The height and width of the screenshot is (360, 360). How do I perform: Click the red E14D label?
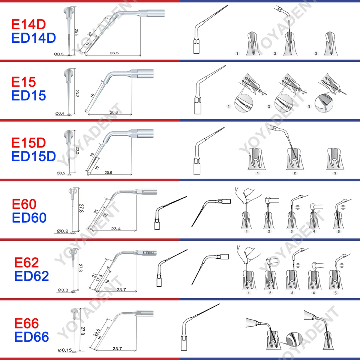click(x=28, y=24)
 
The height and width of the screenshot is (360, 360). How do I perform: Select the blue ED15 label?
click(x=28, y=95)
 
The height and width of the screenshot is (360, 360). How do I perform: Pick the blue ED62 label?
click(x=31, y=276)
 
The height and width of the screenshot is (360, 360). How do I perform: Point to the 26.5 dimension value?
click(x=114, y=53)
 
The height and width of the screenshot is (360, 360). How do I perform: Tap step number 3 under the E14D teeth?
click(x=316, y=54)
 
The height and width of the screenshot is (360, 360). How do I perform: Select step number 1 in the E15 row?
click(x=229, y=106)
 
